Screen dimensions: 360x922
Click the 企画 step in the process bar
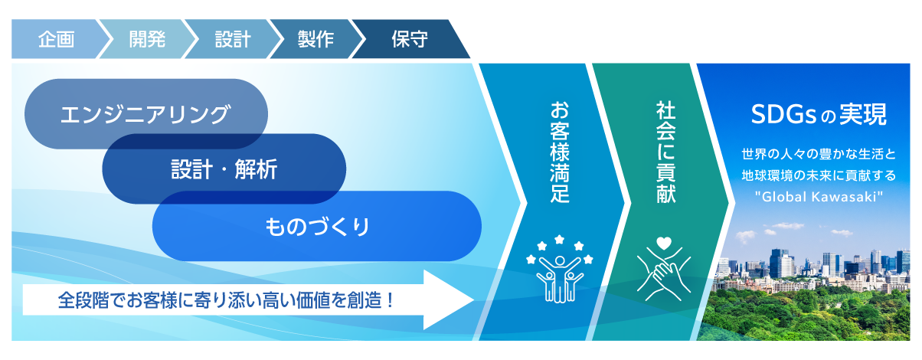(56, 39)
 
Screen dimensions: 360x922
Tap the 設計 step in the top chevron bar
(233, 39)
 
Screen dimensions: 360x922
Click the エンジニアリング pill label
(145, 114)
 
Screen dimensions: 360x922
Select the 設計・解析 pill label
(224, 169)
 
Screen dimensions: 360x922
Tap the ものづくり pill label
(317, 226)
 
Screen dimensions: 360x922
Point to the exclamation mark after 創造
(391, 299)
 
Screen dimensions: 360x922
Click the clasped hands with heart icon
(664, 268)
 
